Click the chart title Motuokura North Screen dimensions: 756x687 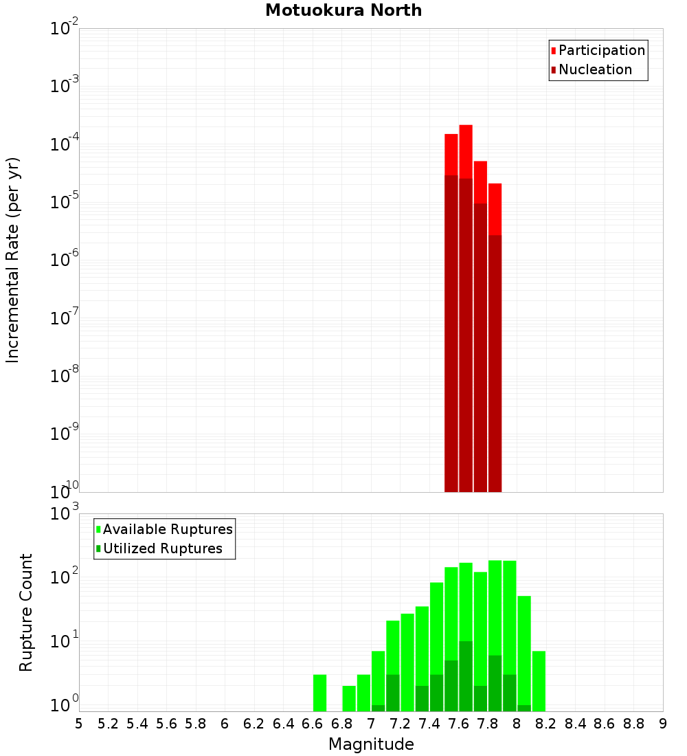tap(343, 10)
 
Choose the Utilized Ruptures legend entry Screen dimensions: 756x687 tap(162, 548)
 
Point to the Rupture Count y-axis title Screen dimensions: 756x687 tap(26, 612)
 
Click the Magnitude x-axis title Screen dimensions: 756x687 tap(371, 744)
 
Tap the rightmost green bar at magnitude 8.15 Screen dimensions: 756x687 tap(539, 680)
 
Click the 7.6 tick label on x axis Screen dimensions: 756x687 tap(458, 724)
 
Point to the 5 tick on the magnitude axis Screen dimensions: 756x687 tap(79, 724)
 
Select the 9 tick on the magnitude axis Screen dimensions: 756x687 tap(663, 724)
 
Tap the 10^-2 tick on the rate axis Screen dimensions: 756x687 tap(65, 30)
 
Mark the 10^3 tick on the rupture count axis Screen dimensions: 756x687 tap(65, 514)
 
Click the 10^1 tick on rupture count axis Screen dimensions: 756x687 tap(65, 642)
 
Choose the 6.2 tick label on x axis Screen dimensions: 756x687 tap(254, 724)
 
